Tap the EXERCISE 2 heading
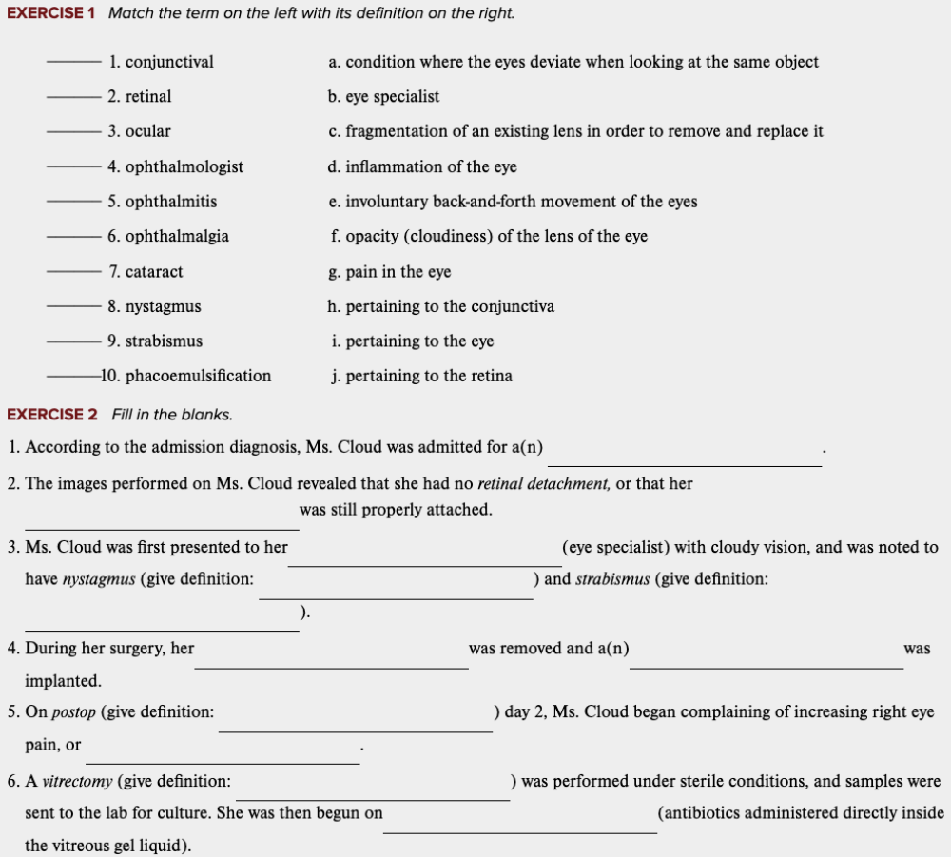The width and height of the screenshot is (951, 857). click(x=52, y=414)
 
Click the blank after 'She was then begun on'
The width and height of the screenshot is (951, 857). click(x=519, y=823)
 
